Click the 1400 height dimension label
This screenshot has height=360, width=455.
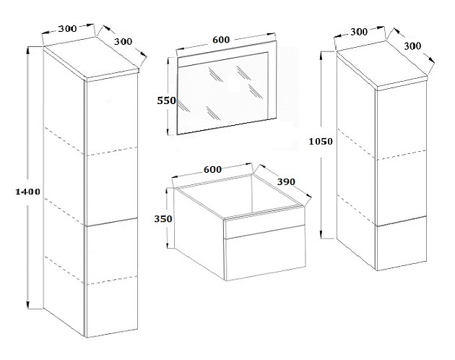point(27,192)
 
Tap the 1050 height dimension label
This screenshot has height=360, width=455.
point(321,142)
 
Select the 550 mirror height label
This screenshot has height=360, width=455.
point(167,100)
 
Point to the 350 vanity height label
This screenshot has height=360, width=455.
point(163,218)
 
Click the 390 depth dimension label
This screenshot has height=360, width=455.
point(286,182)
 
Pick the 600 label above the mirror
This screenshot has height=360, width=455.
point(221,40)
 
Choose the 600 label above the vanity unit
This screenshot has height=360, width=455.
point(213,169)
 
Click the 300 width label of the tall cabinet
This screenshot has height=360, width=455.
point(68,28)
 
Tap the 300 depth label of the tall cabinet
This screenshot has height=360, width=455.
point(123,41)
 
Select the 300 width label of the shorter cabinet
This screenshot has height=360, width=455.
point(359,32)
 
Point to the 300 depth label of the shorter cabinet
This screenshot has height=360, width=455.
point(412,46)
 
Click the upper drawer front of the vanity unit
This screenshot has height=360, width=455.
point(264,223)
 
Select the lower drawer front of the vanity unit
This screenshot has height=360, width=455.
point(266,253)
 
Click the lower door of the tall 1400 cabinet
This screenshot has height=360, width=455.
point(112,278)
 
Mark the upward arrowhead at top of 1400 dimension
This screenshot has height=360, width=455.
point(27,52)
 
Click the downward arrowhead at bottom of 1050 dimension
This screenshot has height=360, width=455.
point(321,234)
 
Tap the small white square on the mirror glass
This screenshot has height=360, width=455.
point(233,85)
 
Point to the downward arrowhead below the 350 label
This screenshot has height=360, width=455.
point(168,244)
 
